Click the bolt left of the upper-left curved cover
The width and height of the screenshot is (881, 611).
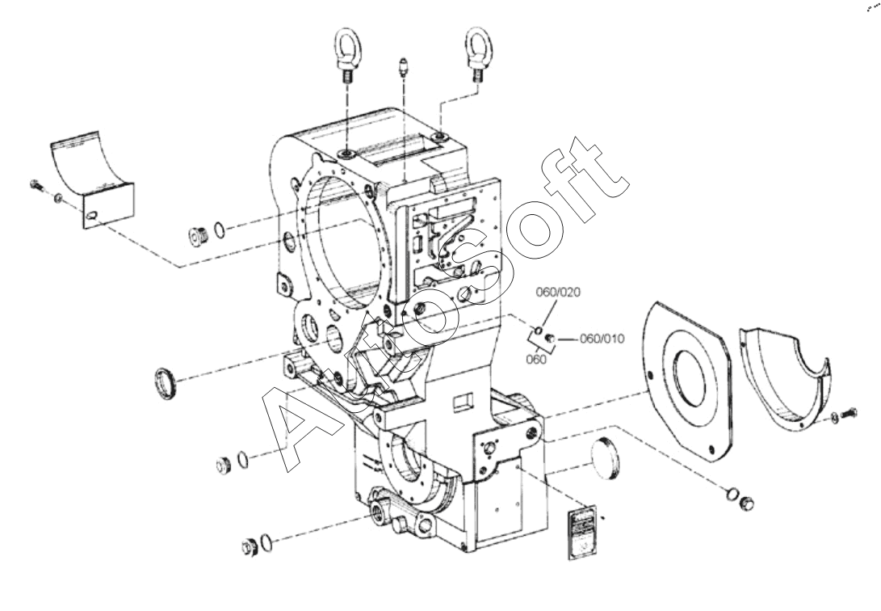[x=37, y=186]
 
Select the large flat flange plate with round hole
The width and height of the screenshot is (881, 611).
[x=686, y=380]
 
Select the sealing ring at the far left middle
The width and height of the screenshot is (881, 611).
[x=166, y=381]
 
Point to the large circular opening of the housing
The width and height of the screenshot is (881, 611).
[x=339, y=242]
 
